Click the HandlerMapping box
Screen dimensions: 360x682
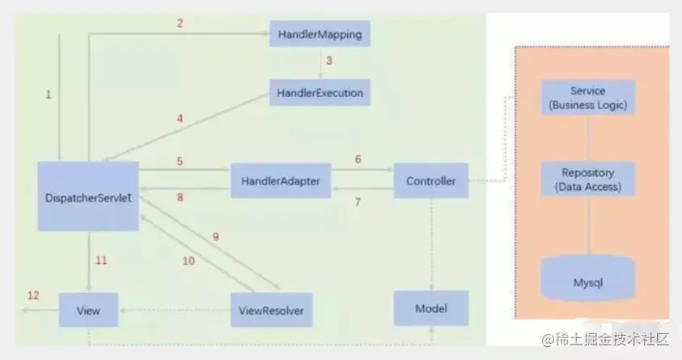(x=319, y=35)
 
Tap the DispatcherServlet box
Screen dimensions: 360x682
(x=87, y=196)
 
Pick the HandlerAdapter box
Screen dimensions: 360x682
(x=280, y=182)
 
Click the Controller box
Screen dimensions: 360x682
(x=430, y=181)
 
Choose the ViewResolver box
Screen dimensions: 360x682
(x=272, y=309)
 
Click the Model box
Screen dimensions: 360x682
(x=430, y=308)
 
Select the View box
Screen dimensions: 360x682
(x=88, y=309)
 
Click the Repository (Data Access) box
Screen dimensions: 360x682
(x=587, y=180)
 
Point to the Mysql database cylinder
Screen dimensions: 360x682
(x=587, y=282)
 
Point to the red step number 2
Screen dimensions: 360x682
(x=180, y=23)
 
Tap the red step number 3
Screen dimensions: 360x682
(x=329, y=61)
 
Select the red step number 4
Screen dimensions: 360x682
(x=180, y=119)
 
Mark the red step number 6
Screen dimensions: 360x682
(x=358, y=160)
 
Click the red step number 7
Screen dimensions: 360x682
(x=358, y=201)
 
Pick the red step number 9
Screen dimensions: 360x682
(x=215, y=237)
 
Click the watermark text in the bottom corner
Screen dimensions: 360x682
(x=605, y=338)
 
